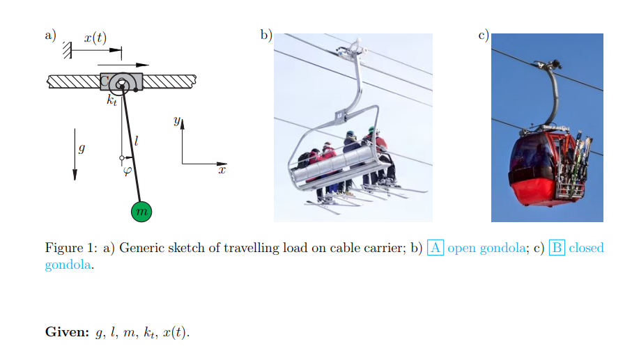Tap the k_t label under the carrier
point(111,100)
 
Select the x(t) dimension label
point(95,38)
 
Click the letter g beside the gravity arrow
point(83,148)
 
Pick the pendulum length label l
point(137,141)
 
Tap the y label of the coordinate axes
point(176,121)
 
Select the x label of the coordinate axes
point(222,170)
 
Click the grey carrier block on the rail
point(121,82)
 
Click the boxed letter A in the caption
point(436,248)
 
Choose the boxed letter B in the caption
point(557,248)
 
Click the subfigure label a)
point(50,36)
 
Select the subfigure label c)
point(483,36)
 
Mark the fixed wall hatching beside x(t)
point(67,49)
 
